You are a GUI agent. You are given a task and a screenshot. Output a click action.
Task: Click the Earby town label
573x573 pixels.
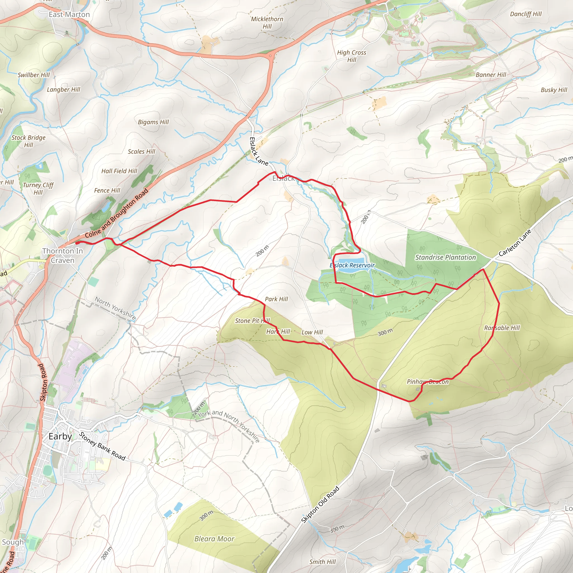(60, 436)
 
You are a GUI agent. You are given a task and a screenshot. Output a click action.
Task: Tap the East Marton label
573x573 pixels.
(69, 15)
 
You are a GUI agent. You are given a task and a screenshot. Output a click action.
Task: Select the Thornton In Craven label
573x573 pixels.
(63, 256)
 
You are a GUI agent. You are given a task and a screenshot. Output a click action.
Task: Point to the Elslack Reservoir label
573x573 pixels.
(352, 265)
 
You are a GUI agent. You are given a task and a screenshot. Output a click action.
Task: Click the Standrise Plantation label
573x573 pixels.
(445, 257)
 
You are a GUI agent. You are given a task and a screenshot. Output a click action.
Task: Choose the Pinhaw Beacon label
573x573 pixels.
(428, 382)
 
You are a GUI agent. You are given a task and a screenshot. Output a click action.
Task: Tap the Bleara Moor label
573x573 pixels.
(214, 539)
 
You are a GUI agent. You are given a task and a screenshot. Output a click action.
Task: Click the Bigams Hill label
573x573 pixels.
(153, 122)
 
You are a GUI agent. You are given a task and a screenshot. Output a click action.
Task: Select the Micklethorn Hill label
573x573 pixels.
(267, 23)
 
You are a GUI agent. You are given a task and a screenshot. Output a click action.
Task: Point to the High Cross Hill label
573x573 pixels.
(352, 56)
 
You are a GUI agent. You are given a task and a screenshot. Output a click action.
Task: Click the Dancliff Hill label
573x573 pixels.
(526, 14)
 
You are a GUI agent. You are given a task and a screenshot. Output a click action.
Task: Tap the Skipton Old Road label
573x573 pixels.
(320, 505)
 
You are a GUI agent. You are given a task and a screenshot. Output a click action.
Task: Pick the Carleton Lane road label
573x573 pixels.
(515, 243)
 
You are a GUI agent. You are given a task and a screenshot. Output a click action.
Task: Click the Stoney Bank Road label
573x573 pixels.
(102, 446)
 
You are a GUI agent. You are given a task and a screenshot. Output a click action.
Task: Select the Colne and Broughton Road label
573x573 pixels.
(117, 213)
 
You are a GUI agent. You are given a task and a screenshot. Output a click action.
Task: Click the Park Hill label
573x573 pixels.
(276, 299)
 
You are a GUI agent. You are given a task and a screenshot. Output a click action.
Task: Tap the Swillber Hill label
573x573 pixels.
(34, 75)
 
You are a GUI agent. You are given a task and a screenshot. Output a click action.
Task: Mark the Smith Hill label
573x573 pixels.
(323, 562)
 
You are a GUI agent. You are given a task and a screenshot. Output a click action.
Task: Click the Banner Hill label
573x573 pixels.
(491, 75)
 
